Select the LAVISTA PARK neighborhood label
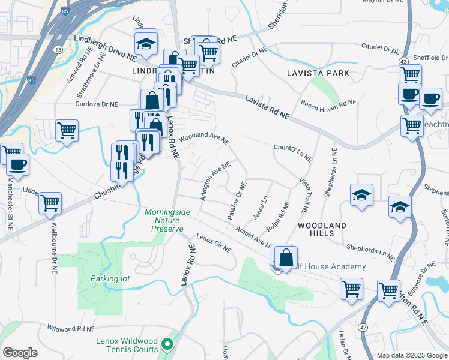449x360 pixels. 318,73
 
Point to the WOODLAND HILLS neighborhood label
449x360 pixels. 322,230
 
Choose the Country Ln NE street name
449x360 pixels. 292,152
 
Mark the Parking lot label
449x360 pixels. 110,278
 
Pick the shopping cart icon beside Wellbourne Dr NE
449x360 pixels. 50,203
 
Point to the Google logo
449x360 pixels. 20,353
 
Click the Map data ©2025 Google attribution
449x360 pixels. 411,355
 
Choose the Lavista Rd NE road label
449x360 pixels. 267,107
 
